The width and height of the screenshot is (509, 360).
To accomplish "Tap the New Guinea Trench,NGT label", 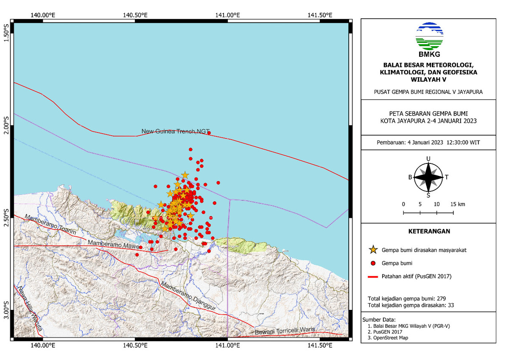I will coord(176,131).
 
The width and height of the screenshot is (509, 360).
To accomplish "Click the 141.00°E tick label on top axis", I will coord(228,15).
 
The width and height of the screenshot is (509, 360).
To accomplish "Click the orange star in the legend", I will coord(373,250).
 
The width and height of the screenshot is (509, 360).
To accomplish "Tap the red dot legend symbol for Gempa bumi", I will coord(373,263).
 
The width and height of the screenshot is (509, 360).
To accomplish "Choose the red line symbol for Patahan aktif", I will coord(373,276).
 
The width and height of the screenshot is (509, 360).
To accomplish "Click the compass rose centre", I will coord(428,177).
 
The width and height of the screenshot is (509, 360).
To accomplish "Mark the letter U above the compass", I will coord(428,159).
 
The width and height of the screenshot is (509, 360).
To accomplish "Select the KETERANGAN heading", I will coord(428,231).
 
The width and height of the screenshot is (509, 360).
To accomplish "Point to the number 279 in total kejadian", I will coord(440,298).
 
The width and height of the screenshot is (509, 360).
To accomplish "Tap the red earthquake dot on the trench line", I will coord(209,133).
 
